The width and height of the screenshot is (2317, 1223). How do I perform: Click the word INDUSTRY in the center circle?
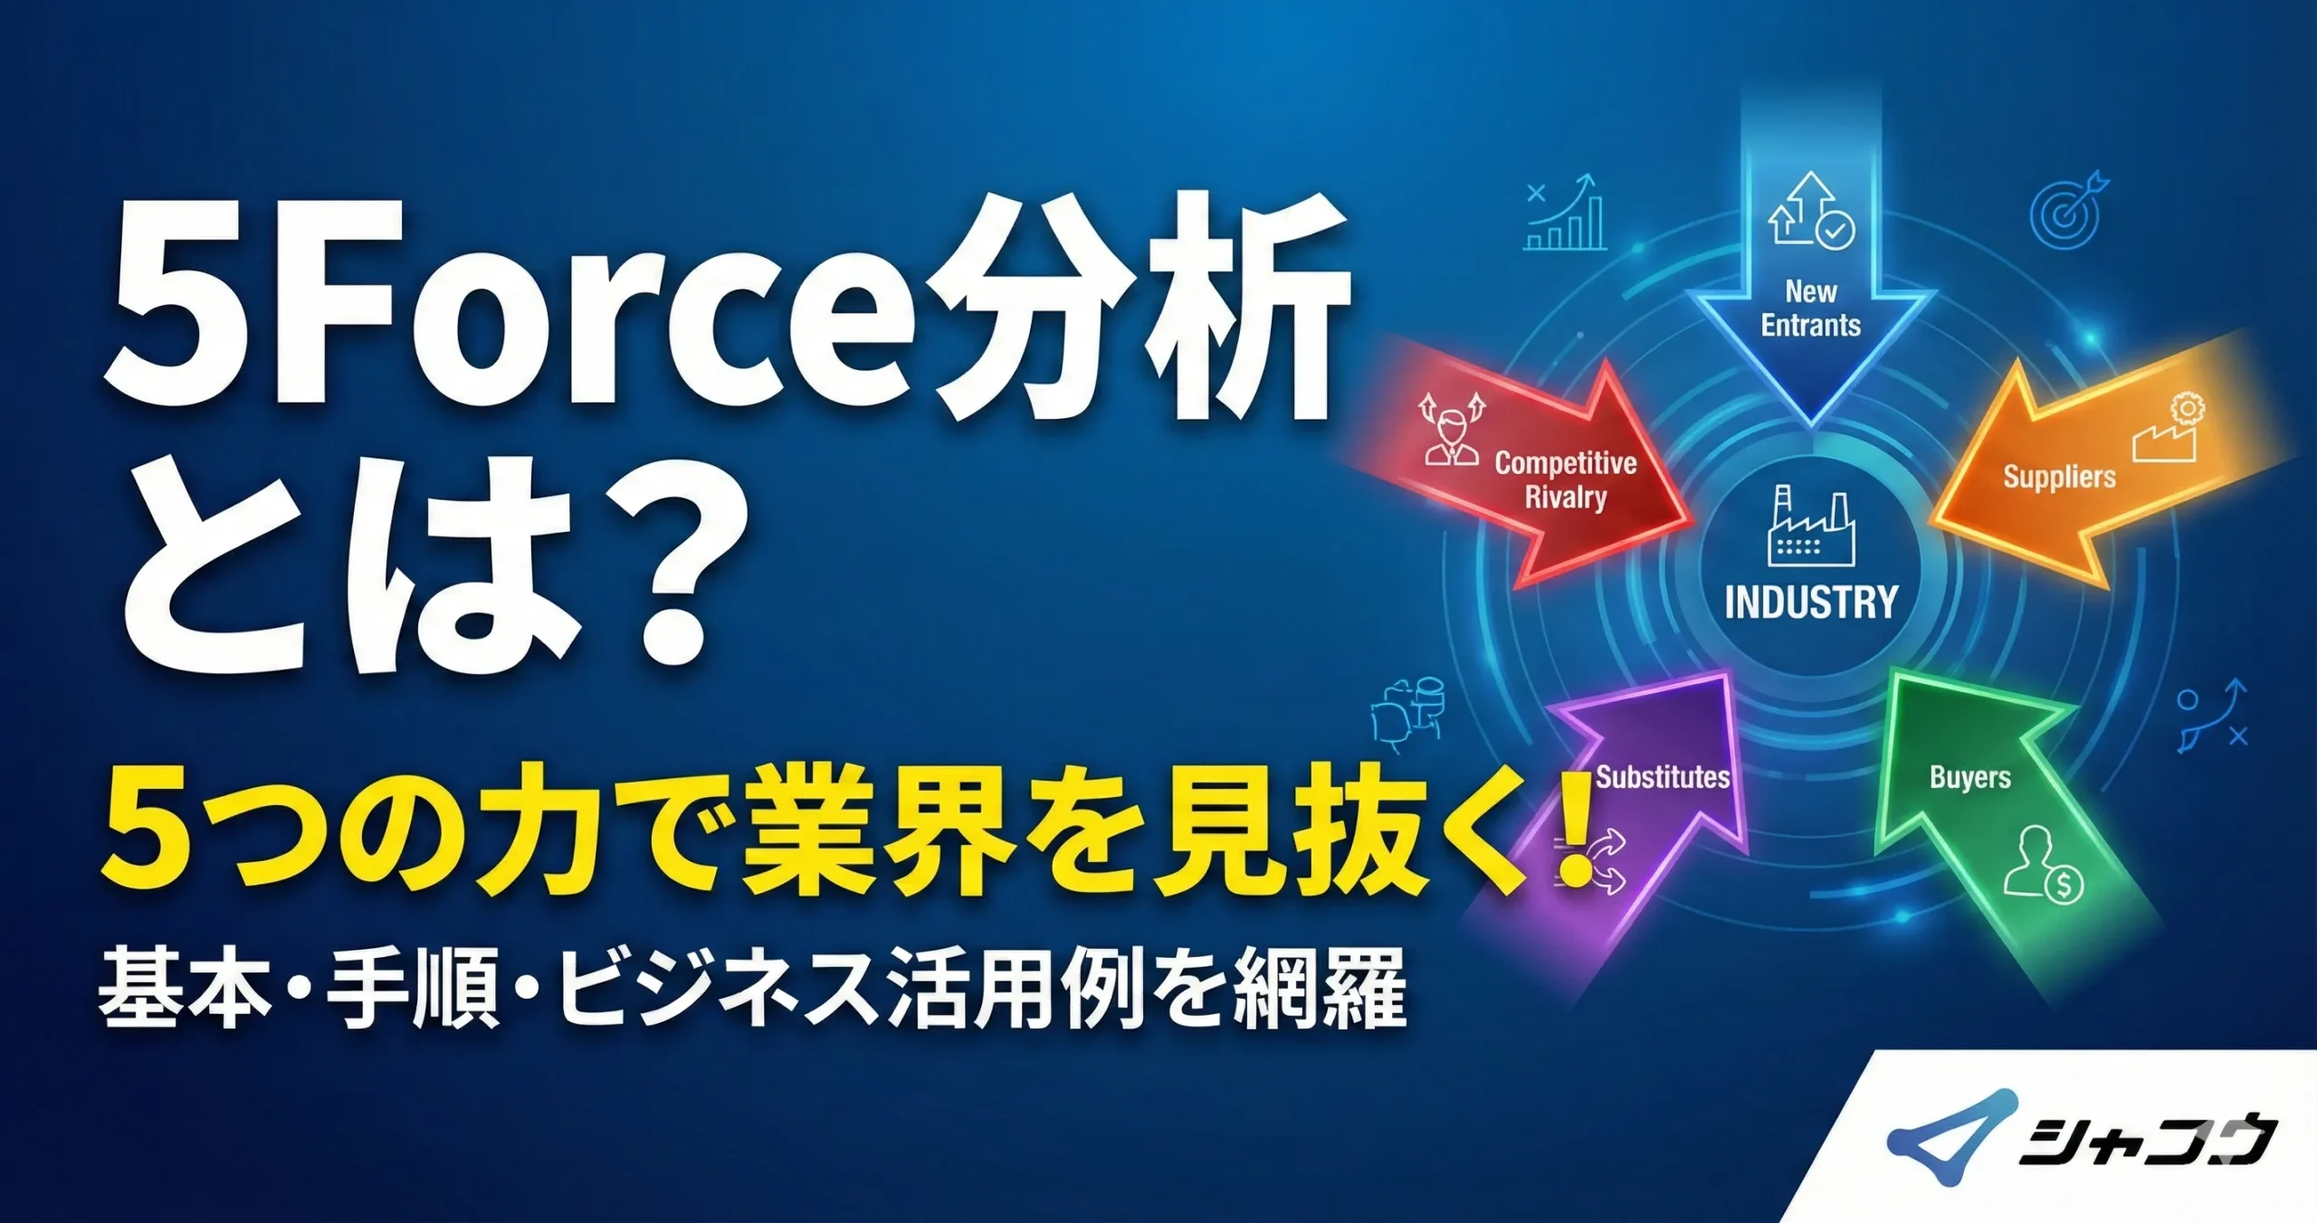1810,602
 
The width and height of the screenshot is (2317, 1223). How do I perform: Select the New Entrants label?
1810,308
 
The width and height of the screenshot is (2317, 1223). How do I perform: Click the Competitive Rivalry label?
1566,479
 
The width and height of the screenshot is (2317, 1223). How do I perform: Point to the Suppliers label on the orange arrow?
2059,477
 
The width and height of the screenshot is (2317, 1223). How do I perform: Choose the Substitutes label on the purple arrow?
1662,777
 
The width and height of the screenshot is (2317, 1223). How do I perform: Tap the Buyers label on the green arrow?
1970,777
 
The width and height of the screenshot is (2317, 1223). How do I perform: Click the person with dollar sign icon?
2042,865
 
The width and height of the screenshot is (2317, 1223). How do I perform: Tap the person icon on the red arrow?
1452,432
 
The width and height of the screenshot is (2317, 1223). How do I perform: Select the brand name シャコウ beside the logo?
2145,1142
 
